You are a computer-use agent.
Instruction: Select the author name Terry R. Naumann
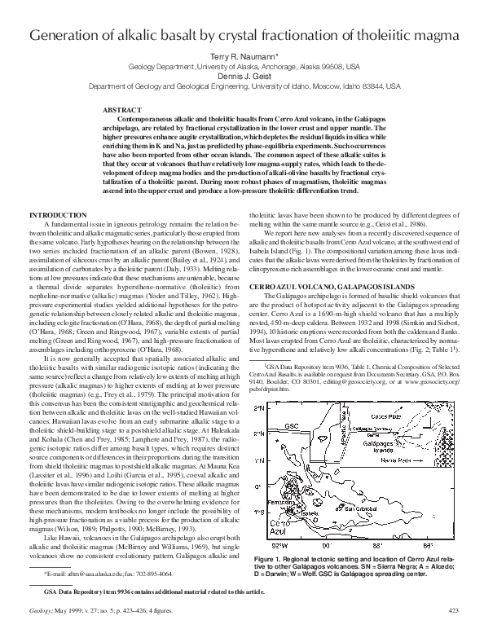pos(241,59)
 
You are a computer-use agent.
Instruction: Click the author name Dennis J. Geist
pos(241,76)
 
